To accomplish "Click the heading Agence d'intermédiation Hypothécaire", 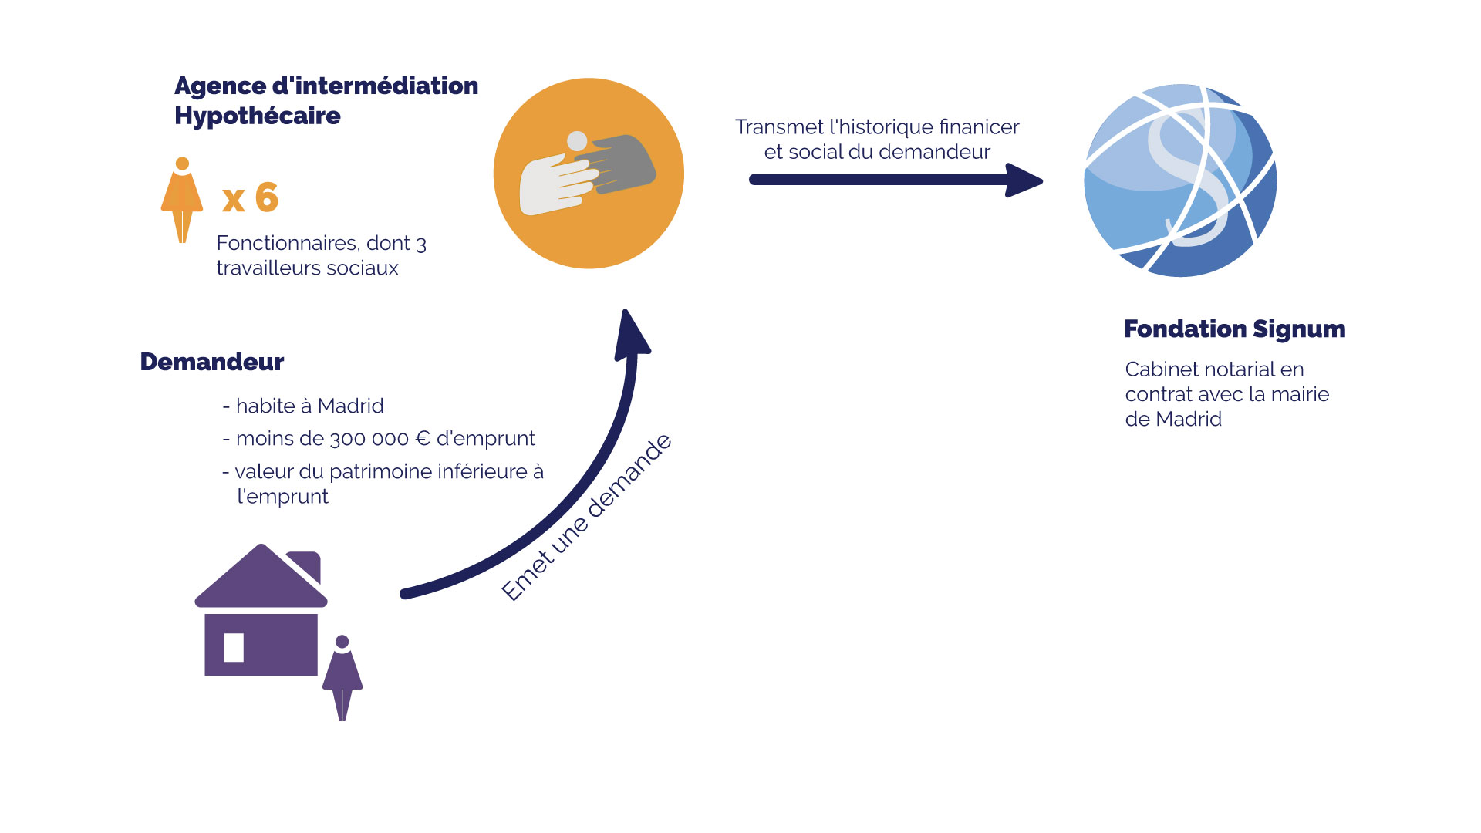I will click(326, 100).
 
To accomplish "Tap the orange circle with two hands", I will click(589, 174).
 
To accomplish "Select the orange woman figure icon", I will click(182, 200).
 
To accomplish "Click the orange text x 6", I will click(250, 197).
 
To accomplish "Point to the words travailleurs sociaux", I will click(307, 268).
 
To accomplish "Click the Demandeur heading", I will click(212, 362).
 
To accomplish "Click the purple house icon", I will click(261, 617).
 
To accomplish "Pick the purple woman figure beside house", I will click(342, 677).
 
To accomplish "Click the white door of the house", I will click(234, 647).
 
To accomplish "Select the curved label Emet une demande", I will click(586, 518).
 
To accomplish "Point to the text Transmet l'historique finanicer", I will click(877, 127).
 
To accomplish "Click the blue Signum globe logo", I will click(1179, 180).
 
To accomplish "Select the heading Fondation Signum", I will click(1234, 329).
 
